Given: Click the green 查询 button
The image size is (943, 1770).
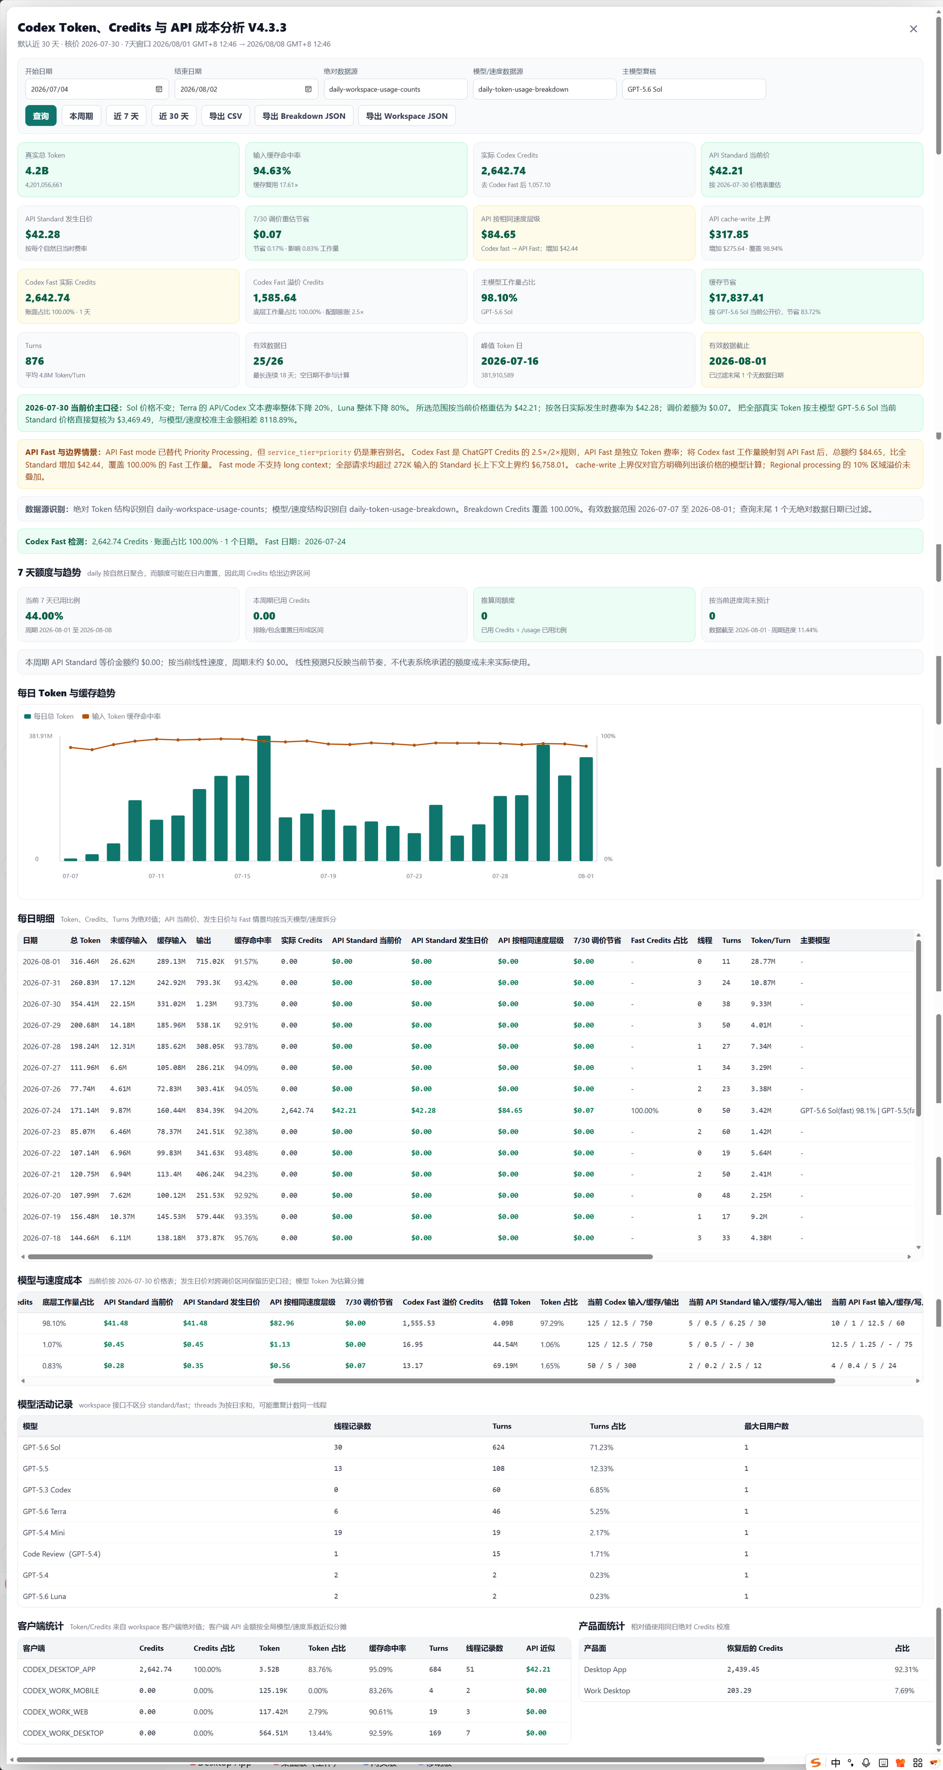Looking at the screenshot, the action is [x=41, y=116].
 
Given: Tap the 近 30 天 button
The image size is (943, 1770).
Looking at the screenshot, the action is [x=174, y=116].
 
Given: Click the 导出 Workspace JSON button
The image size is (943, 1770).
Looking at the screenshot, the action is [x=407, y=116].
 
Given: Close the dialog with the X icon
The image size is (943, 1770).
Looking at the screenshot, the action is [x=913, y=29].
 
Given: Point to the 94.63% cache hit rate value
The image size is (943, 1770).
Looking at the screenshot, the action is [x=272, y=171].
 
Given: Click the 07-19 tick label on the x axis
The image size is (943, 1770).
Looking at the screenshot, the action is [x=328, y=876].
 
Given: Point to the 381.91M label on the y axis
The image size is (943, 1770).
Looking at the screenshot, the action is [x=41, y=736].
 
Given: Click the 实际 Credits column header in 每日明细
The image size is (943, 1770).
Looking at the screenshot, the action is [x=302, y=940].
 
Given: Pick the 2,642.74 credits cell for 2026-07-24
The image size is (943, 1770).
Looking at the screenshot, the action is [x=298, y=1110].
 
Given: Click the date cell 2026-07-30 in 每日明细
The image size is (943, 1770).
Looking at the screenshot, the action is [x=41, y=1004].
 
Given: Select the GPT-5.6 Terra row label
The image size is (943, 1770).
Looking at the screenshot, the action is [x=45, y=1512].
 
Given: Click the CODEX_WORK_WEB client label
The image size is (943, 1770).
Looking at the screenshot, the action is [x=55, y=1712].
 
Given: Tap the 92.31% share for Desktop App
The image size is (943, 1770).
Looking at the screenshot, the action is [x=906, y=1669].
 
